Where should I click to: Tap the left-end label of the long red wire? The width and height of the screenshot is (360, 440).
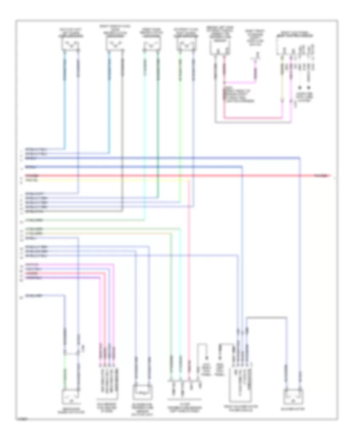click(32, 175)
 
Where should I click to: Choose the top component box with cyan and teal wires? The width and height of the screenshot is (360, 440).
click(151, 45)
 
